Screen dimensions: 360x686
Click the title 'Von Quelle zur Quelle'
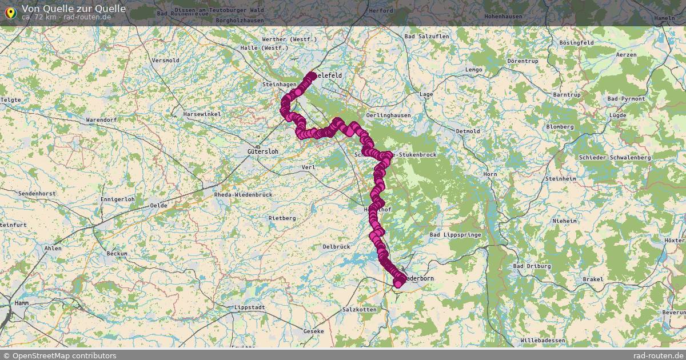pos(74,8)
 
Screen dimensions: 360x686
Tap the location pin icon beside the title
pos(10,11)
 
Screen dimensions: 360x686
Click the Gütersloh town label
pos(262,151)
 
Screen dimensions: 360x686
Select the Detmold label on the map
pos(468,131)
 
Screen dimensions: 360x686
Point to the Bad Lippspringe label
pos(456,235)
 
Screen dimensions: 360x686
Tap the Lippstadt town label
pos(250,307)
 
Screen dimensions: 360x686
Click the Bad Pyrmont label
pos(626,99)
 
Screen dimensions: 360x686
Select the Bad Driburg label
pos(532,266)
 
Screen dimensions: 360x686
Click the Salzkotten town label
pos(359,309)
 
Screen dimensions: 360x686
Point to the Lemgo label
pos(474,70)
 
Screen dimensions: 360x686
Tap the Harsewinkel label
pos(202,114)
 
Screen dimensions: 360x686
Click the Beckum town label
pos(117,253)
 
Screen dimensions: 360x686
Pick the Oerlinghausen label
pos(389,115)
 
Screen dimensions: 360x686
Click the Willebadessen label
pos(543,341)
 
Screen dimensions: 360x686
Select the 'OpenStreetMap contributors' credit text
pos(64,355)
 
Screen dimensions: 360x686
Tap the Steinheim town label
pos(561,179)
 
